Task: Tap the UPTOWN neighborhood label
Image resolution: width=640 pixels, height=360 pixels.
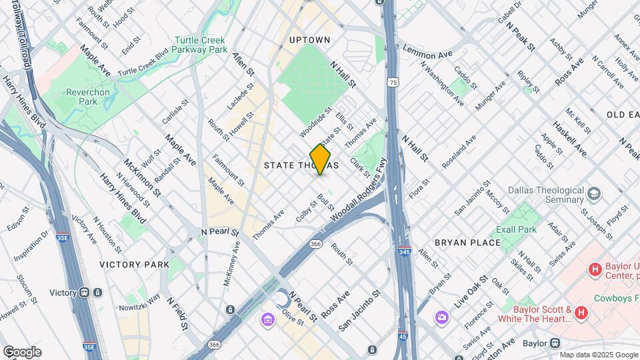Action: click(x=310, y=40)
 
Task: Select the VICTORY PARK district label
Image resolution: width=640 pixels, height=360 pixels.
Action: click(x=135, y=265)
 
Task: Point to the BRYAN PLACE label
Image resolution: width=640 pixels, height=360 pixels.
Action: click(x=467, y=243)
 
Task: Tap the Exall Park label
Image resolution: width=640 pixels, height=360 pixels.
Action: click(x=516, y=229)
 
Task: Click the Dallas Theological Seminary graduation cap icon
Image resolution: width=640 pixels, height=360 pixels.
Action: click(x=592, y=195)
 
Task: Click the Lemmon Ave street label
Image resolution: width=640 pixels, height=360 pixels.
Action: click(x=427, y=52)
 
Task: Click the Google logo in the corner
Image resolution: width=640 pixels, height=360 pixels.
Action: click(x=22, y=351)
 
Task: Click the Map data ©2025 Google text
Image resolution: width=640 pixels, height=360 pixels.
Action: click(x=598, y=355)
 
